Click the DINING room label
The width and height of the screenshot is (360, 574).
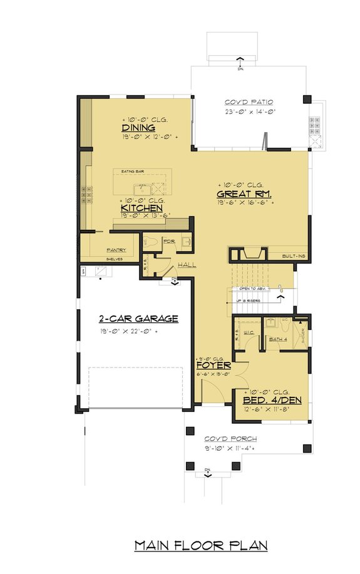tap(138, 128)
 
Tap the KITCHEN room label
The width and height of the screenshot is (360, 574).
tap(142, 208)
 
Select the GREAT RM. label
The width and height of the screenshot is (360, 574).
tap(236, 194)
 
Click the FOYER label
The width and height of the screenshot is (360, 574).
tap(213, 365)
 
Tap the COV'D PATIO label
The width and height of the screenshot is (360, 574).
tap(249, 102)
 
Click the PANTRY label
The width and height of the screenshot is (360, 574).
tap(116, 250)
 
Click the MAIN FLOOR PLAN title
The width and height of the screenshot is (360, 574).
tap(201, 546)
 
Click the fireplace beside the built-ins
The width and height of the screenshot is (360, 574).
tap(249, 254)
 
